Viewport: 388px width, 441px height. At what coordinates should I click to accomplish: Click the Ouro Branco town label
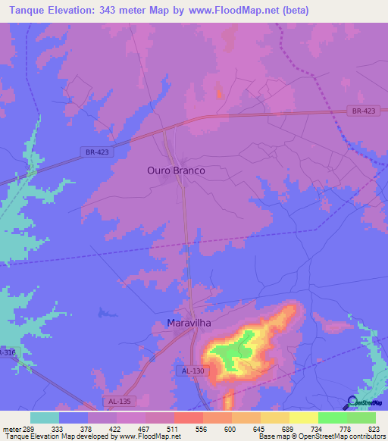[x=176, y=171]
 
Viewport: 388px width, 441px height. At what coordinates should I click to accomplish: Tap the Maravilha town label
[x=188, y=323]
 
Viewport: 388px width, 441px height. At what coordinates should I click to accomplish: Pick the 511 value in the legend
[x=174, y=428]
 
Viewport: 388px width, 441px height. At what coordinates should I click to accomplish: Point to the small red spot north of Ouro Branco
[x=220, y=93]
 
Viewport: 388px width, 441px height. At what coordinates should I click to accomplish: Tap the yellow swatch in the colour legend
[x=303, y=418]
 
